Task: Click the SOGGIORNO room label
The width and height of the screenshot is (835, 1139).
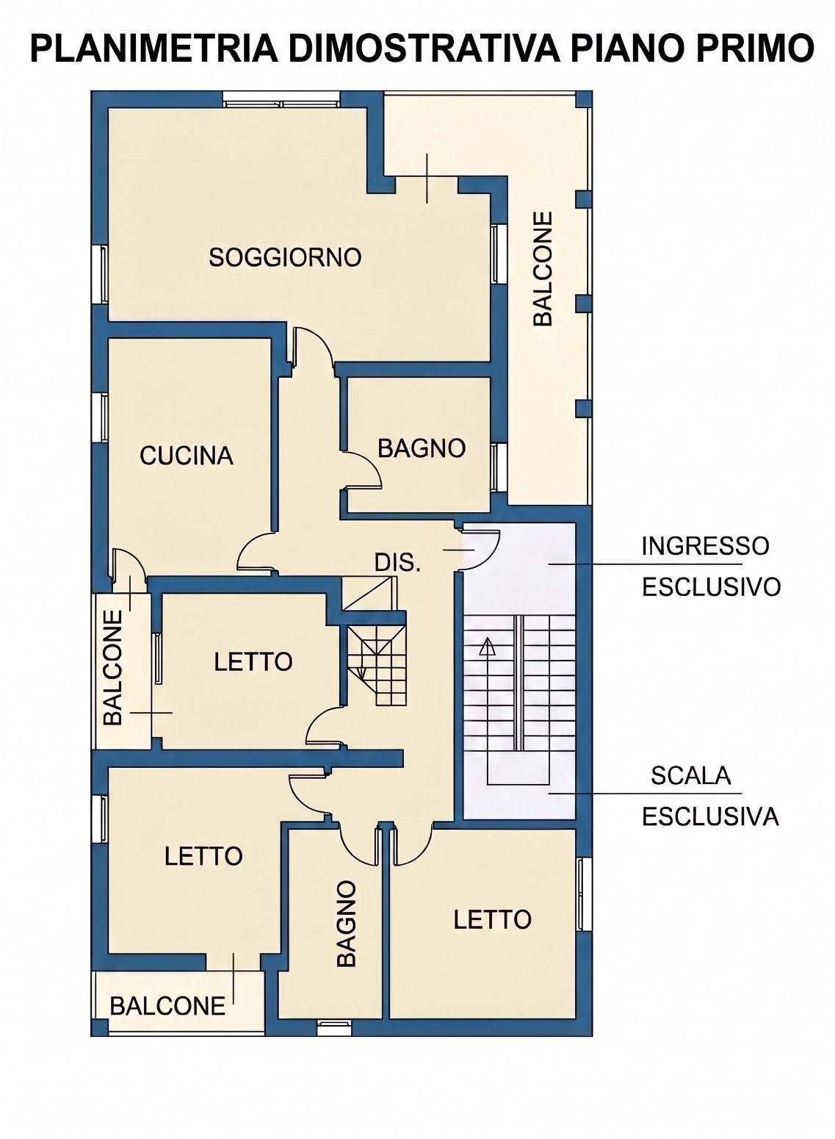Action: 285,257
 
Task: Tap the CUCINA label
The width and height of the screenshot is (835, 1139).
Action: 187,456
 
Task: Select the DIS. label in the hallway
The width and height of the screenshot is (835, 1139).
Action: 397,563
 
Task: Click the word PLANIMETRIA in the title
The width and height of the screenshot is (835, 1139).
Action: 154,48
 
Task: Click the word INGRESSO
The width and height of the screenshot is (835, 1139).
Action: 706,546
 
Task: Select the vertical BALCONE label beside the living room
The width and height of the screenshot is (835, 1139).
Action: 543,268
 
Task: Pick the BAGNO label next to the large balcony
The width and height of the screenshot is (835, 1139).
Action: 422,448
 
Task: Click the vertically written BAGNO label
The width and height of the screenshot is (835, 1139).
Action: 346,924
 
